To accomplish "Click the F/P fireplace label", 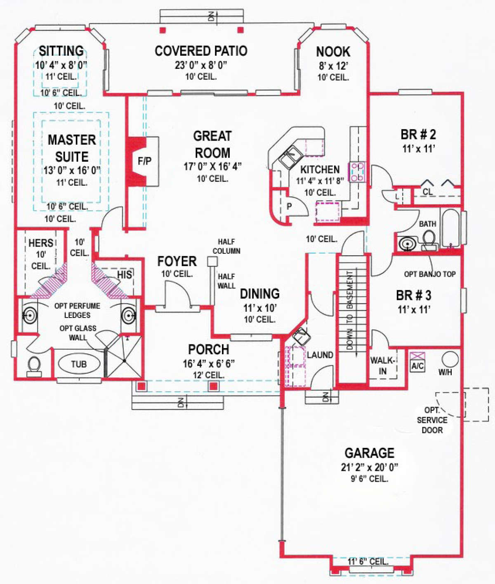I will point(144,161).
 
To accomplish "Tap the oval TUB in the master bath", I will point(79,364).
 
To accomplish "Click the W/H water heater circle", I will point(450,359).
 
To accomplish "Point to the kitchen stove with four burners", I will point(357,172).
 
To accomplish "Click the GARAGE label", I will point(369,453).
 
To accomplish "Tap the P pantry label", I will point(289,206).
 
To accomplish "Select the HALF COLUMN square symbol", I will point(212,261).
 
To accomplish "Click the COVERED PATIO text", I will point(201,51).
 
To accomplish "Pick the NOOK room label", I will point(333,52).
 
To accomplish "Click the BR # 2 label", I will point(418,135).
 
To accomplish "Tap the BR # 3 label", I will point(413,296).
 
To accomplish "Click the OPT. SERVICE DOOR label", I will point(432,420).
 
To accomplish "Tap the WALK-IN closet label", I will point(382,366).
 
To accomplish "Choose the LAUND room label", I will point(320,355).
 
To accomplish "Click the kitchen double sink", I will point(292,156).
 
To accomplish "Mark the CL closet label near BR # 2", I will point(428,192).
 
